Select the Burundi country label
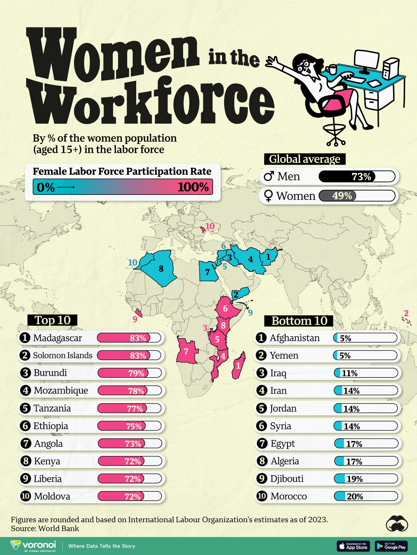pos(50,373)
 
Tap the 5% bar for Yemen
pos(365,356)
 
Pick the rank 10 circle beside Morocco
pos(262,496)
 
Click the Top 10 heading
pos(52,320)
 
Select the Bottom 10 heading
pos(299,321)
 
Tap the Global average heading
pos(305,159)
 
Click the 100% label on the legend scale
pos(193,187)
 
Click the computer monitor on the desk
pos(367,61)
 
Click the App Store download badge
pos(353,546)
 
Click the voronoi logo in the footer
pos(33,545)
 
